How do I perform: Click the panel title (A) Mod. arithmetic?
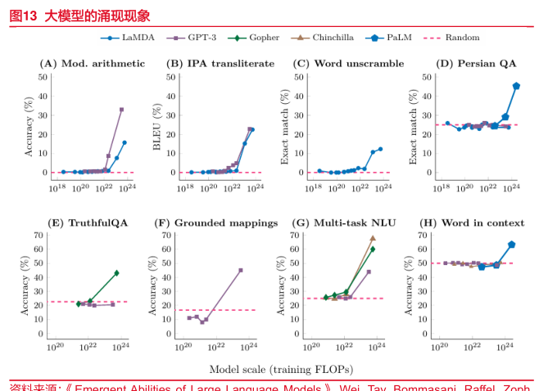click(93, 63)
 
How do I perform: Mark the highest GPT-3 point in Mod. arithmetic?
click(121, 109)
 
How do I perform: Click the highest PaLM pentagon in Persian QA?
click(516, 86)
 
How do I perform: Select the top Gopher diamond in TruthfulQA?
click(116, 272)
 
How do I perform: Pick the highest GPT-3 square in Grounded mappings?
click(241, 270)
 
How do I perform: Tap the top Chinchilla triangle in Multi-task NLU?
click(373, 238)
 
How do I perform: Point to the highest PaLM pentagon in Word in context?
click(511, 245)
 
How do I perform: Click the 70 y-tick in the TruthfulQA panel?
click(38, 236)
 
